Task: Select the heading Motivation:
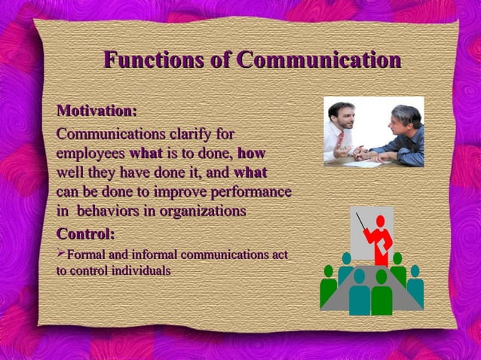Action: pos(97,111)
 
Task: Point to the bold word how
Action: pos(251,154)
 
